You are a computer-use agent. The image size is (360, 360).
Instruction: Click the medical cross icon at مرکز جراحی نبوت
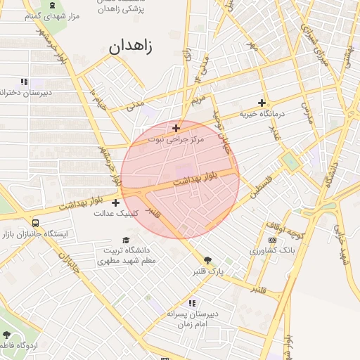click(x=176, y=128)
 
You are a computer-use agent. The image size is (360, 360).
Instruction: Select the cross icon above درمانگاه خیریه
click(x=262, y=103)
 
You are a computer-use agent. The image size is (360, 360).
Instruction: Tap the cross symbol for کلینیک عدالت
click(x=115, y=202)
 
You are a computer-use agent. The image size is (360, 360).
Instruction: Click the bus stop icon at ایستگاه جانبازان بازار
click(x=36, y=223)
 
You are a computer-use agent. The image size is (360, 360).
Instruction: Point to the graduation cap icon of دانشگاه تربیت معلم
click(x=127, y=240)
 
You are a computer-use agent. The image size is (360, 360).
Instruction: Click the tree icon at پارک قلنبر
click(x=207, y=260)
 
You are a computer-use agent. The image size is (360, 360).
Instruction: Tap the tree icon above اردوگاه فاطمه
click(x=7, y=335)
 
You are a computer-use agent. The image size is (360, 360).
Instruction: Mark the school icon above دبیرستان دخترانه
click(x=24, y=82)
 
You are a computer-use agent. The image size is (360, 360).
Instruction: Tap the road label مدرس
click(x=305, y=112)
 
